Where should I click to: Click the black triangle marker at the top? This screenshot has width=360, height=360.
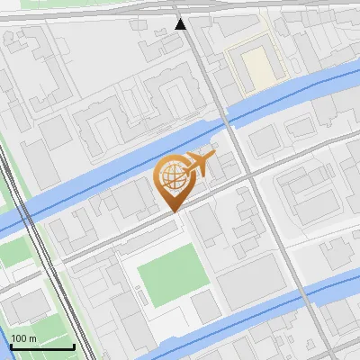[x=181, y=23]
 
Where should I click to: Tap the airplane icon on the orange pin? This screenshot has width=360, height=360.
[x=199, y=165]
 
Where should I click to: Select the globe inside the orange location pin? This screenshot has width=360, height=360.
[x=172, y=177]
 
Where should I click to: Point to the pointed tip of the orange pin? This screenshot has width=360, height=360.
[x=174, y=211]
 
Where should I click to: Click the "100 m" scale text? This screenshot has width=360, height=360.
[x=23, y=338]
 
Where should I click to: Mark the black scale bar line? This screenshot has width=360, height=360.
[x=42, y=346]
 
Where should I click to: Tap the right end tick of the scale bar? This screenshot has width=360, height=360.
[x=74, y=344]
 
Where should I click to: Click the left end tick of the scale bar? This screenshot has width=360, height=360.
[x=11, y=344]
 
